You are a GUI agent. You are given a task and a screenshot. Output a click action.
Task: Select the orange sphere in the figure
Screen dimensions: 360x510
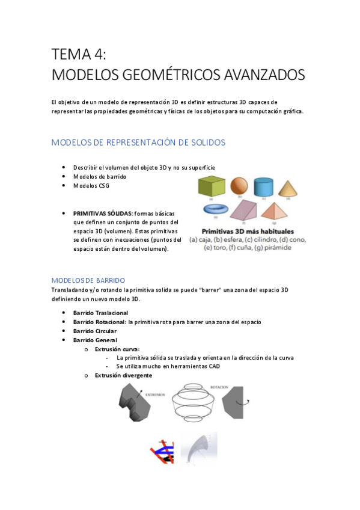click(239, 186)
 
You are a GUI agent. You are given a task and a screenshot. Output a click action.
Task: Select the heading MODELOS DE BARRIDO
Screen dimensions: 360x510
click(88, 280)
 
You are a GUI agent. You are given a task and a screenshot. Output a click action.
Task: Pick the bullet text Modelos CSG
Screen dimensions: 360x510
click(91, 186)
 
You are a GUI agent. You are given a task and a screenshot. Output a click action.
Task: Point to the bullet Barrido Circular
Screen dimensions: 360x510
click(95, 331)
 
